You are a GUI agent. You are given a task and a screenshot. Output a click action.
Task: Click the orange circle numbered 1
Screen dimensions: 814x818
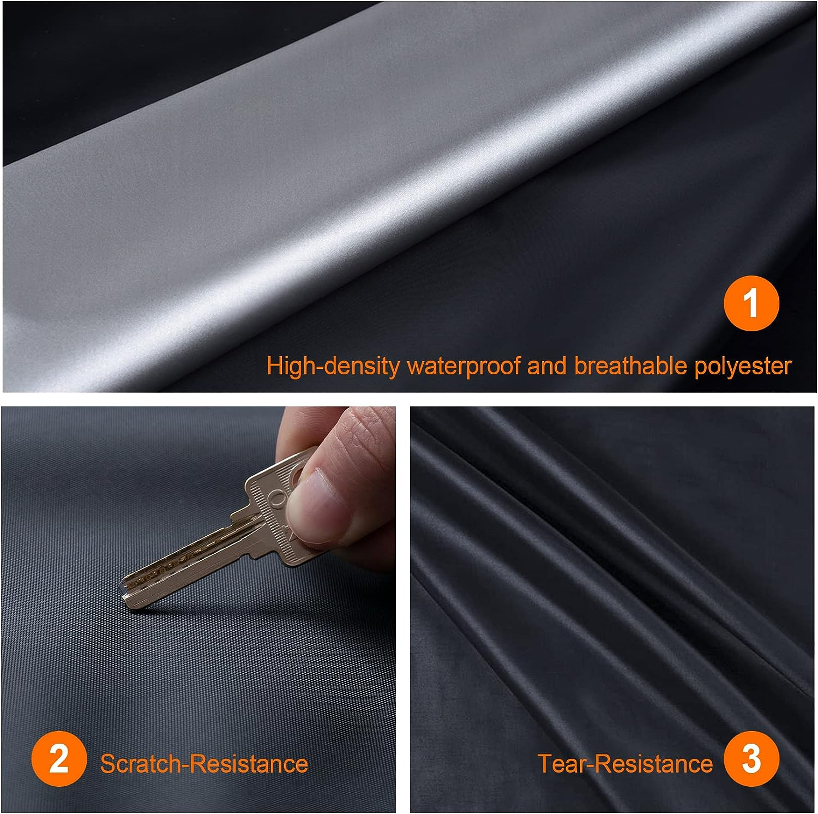coord(751,303)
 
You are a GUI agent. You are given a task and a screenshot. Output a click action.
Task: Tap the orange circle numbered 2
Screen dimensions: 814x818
coord(59,759)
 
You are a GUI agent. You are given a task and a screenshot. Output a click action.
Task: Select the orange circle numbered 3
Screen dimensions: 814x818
coord(751,759)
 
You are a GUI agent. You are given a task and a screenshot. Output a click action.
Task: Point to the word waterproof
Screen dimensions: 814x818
coord(464,366)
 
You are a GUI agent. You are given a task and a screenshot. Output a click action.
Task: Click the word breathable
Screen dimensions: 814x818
coord(630,366)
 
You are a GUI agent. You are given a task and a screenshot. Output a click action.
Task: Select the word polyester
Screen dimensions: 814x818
coord(743,366)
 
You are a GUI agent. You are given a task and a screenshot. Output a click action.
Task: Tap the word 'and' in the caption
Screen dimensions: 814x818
coord(547,366)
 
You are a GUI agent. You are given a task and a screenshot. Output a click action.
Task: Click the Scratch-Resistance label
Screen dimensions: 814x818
coord(203,763)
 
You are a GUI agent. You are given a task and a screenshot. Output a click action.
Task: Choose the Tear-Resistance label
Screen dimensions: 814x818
coord(625,763)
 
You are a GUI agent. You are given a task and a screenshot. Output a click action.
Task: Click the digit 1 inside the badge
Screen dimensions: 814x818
coord(752,303)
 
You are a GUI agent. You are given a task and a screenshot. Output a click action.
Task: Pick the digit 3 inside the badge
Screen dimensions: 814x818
coord(751,759)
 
